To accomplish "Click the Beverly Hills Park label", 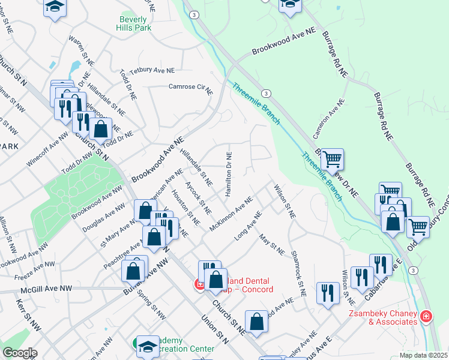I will click(x=133, y=23).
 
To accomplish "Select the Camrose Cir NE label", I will click(x=190, y=88).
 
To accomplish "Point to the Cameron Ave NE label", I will click(x=328, y=118).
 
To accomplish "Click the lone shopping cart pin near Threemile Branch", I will click(x=332, y=160).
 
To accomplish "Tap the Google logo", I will click(x=20, y=353).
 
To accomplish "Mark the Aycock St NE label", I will click(x=197, y=197).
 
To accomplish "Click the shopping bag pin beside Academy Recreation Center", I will click(x=256, y=322).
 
